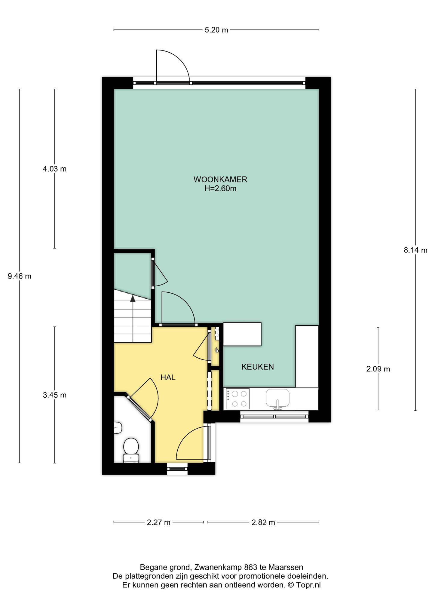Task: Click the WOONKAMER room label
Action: click(220, 180)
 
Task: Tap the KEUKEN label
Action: click(258, 367)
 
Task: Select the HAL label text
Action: click(168, 377)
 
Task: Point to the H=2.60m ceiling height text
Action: click(220, 189)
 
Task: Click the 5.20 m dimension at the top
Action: click(216, 30)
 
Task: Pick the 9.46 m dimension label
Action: click(20, 276)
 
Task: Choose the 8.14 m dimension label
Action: click(415, 250)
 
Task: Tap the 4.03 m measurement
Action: click(54, 169)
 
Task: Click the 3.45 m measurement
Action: click(54, 395)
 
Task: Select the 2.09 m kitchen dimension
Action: click(378, 369)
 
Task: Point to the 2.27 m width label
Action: click(158, 522)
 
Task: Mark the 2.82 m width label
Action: click(263, 522)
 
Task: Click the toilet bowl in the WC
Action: click(131, 446)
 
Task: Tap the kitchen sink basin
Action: click(277, 398)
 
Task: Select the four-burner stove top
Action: click(237, 399)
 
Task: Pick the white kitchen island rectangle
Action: click(242, 334)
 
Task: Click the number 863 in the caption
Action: click(251, 567)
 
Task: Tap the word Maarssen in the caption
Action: click(286, 567)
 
